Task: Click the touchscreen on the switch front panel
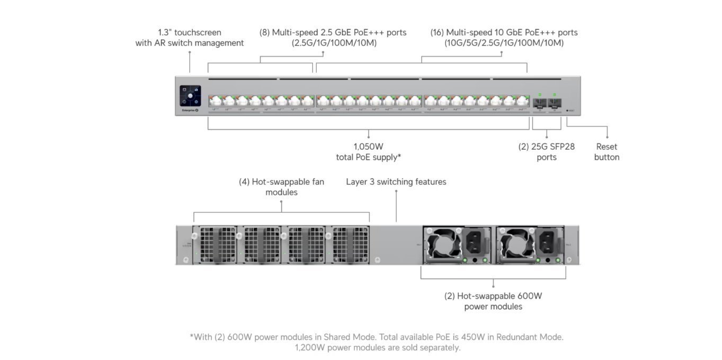click(x=190, y=95)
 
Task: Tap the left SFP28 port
click(x=540, y=102)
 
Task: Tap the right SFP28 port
click(x=554, y=102)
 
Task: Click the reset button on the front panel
click(x=568, y=111)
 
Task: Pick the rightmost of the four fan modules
click(x=351, y=244)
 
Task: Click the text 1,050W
click(x=368, y=147)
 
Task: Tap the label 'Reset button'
click(x=607, y=152)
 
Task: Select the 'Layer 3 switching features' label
click(x=396, y=182)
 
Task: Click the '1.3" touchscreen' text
click(x=190, y=32)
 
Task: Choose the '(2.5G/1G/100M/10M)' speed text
click(x=334, y=43)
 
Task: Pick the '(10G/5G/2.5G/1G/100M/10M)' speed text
click(x=504, y=43)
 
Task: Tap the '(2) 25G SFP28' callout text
click(x=546, y=147)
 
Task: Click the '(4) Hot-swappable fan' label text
click(x=281, y=182)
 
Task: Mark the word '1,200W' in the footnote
click(x=310, y=348)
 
